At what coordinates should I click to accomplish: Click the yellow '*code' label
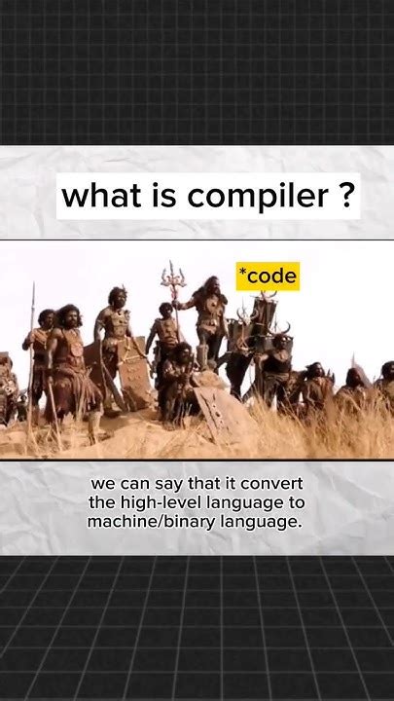click(267, 277)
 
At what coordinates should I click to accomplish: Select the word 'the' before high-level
click(102, 503)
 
